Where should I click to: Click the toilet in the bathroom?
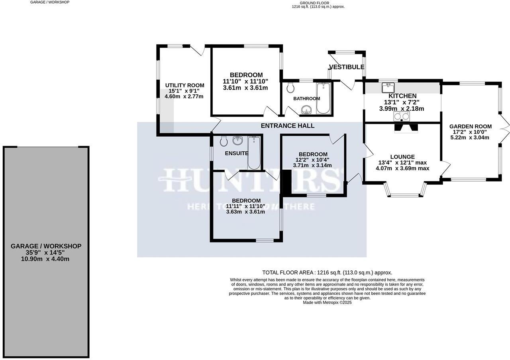click(x=290, y=87)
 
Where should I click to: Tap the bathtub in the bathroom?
click(x=322, y=98)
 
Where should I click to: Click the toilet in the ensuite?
click(x=224, y=141)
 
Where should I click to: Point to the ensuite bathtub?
click(x=254, y=153)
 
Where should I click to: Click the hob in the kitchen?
click(x=402, y=116)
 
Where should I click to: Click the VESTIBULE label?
click(x=347, y=67)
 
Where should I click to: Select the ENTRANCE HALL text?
click(x=287, y=126)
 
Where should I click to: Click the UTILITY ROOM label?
click(x=184, y=85)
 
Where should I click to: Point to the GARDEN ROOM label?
click(x=471, y=126)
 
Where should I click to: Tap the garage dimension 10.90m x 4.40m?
click(x=45, y=259)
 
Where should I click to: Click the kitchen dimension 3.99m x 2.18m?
click(x=402, y=109)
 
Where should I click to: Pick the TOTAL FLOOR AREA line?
click(x=327, y=272)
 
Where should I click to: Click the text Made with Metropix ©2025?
click(x=327, y=303)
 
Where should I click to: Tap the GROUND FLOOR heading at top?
click(x=314, y=3)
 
